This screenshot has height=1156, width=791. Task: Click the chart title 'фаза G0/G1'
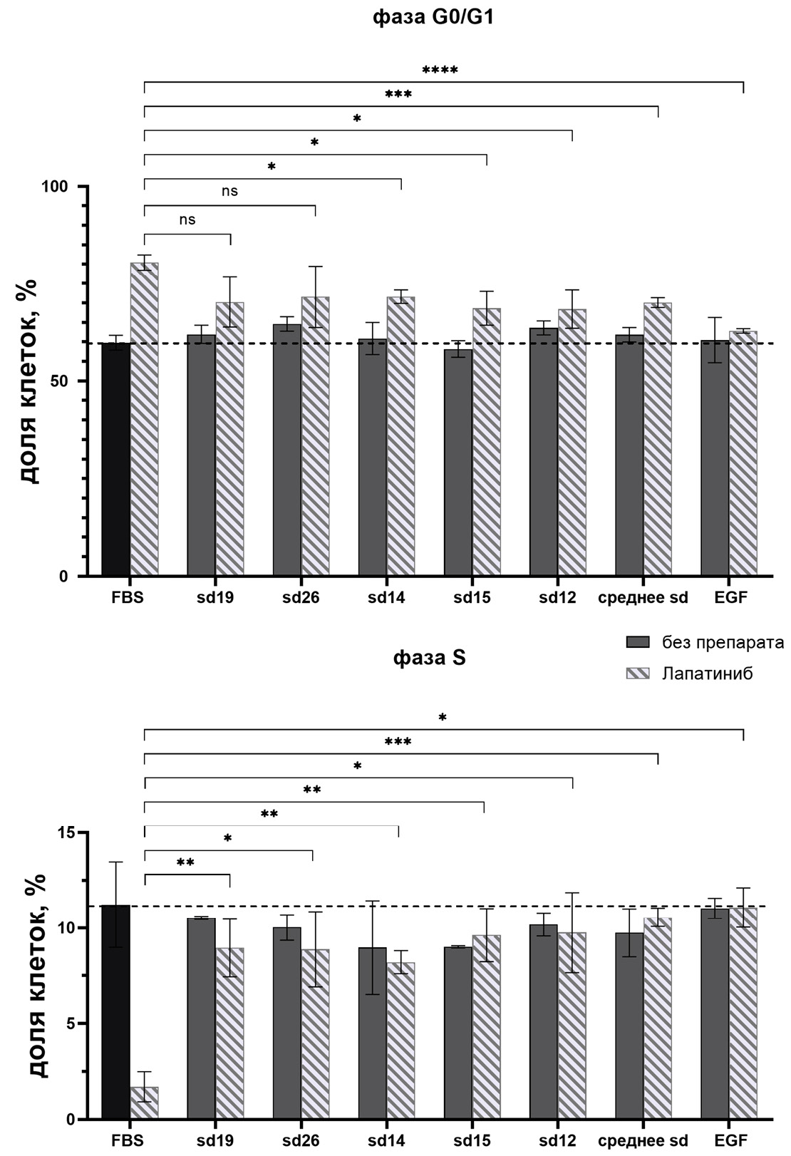[433, 18]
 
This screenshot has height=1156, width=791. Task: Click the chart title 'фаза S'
[430, 657]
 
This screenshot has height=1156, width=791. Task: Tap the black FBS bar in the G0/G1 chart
[115, 460]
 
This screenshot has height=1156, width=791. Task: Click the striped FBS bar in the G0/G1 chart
[144, 420]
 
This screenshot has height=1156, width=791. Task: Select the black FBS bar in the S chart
[115, 1012]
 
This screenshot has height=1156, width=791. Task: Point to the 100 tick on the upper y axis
[63, 186]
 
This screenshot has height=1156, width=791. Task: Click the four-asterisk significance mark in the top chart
[440, 71]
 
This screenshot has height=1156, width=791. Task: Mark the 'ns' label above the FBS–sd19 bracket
[187, 220]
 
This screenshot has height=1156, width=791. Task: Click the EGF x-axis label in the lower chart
[730, 1140]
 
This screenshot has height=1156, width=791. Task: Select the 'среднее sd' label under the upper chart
[643, 597]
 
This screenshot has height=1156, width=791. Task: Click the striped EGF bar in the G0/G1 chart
[743, 453]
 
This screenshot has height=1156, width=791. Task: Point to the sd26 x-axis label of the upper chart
[301, 597]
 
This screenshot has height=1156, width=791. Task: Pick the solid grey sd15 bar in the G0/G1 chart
[457, 463]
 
